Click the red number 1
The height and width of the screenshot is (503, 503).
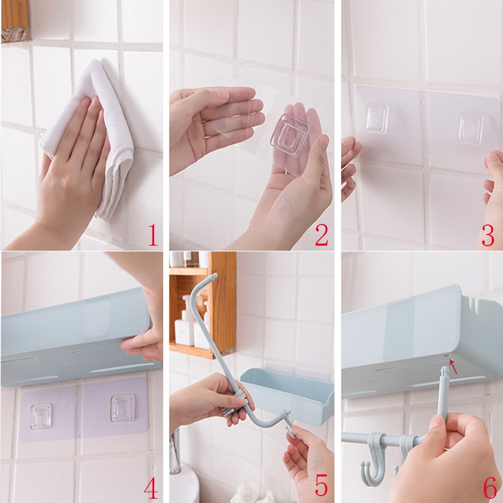(152, 235)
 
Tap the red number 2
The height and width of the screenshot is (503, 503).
(321, 235)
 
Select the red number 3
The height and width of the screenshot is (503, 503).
(487, 235)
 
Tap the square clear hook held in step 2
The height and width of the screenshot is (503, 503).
(290, 134)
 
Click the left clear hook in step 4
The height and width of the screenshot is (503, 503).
(41, 416)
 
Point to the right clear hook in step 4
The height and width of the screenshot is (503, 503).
(122, 408)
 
